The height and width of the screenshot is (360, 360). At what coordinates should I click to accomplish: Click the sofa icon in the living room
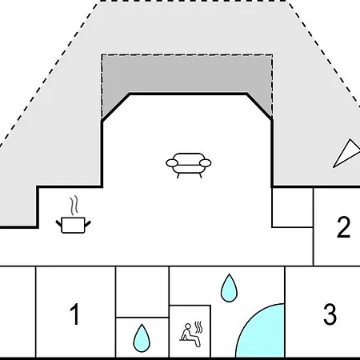(x=189, y=165)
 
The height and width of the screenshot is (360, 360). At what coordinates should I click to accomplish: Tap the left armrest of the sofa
(x=171, y=163)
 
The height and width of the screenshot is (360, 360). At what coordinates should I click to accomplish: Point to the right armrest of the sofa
(x=206, y=162)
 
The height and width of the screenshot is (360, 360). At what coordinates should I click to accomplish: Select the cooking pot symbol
(x=73, y=226)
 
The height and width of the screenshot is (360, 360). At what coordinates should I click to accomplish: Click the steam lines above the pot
(x=74, y=205)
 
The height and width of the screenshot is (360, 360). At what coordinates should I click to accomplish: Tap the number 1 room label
(x=74, y=314)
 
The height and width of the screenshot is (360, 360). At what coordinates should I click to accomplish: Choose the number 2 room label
(x=343, y=227)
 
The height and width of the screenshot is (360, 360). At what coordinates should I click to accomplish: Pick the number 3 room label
(x=330, y=314)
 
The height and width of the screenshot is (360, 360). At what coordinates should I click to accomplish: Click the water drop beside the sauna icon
(x=142, y=338)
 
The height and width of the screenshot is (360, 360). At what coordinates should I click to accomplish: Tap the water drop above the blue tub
(x=229, y=288)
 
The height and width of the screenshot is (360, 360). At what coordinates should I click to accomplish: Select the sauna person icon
(x=191, y=334)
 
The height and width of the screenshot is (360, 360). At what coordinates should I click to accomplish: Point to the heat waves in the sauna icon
(x=198, y=327)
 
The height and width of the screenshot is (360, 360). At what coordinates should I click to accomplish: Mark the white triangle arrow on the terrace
(x=346, y=153)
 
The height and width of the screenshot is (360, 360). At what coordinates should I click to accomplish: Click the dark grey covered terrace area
(x=186, y=74)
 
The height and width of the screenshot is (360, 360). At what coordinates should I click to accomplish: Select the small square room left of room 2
(x=293, y=207)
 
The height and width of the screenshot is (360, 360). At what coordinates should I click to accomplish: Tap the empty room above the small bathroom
(x=142, y=292)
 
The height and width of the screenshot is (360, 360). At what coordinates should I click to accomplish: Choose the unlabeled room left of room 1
(x=18, y=312)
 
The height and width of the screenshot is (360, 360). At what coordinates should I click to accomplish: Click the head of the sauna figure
(x=188, y=326)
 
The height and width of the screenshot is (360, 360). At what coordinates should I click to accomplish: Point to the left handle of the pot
(x=58, y=223)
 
